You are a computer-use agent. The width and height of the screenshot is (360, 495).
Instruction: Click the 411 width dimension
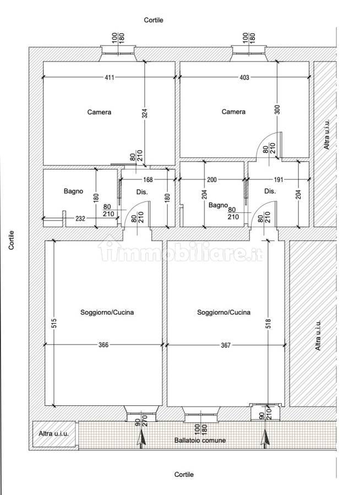[x=110, y=78]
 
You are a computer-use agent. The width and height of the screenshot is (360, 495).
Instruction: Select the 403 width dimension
[x=244, y=78]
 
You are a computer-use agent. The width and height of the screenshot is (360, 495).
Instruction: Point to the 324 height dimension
[x=145, y=113]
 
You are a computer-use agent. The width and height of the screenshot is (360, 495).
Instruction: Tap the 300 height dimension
[x=277, y=109]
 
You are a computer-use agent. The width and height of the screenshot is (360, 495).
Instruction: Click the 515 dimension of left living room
[x=54, y=323]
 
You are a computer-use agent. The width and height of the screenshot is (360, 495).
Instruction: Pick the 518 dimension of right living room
[x=268, y=324]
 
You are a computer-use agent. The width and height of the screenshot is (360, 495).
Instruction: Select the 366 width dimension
[x=103, y=345]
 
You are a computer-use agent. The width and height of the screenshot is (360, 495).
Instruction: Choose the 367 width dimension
[x=226, y=345]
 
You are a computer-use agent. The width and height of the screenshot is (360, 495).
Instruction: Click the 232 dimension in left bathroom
[x=80, y=218]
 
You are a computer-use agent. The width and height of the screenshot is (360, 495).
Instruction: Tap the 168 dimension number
[x=148, y=180]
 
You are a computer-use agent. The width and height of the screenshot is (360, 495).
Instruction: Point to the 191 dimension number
[x=279, y=180]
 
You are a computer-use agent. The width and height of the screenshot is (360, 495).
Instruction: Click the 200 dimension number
[x=212, y=180]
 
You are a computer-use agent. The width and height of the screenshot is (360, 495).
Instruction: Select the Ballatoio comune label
[x=200, y=440]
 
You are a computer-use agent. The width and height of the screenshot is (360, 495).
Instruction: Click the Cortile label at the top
[x=154, y=20]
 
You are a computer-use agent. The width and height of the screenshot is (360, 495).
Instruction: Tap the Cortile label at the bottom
[x=184, y=475]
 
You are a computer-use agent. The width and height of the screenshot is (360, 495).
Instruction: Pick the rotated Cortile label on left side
[x=12, y=240]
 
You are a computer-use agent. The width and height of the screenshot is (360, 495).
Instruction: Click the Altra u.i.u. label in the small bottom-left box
[x=53, y=433]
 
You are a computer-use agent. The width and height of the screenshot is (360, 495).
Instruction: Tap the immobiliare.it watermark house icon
[x=110, y=249]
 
